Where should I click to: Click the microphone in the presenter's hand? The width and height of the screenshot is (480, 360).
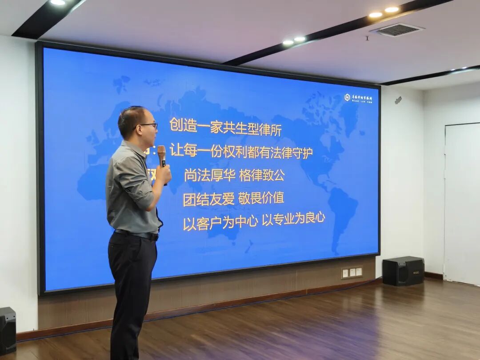click(162, 155)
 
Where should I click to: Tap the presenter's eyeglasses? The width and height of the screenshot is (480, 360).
click(148, 126)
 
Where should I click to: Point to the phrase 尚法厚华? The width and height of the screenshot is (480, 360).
click(209, 175)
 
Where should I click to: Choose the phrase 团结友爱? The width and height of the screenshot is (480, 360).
click(208, 199)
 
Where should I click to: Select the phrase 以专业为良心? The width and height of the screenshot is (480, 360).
click(293, 219)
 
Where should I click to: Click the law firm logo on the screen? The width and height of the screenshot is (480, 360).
click(358, 98)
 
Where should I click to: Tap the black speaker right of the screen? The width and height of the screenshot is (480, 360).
click(403, 271)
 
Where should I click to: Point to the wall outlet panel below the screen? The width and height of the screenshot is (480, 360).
click(352, 272)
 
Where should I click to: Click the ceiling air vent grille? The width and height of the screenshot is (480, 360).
click(397, 30)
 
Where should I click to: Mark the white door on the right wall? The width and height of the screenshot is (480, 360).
click(462, 204)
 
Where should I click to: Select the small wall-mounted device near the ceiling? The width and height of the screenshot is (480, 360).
click(398, 100)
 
